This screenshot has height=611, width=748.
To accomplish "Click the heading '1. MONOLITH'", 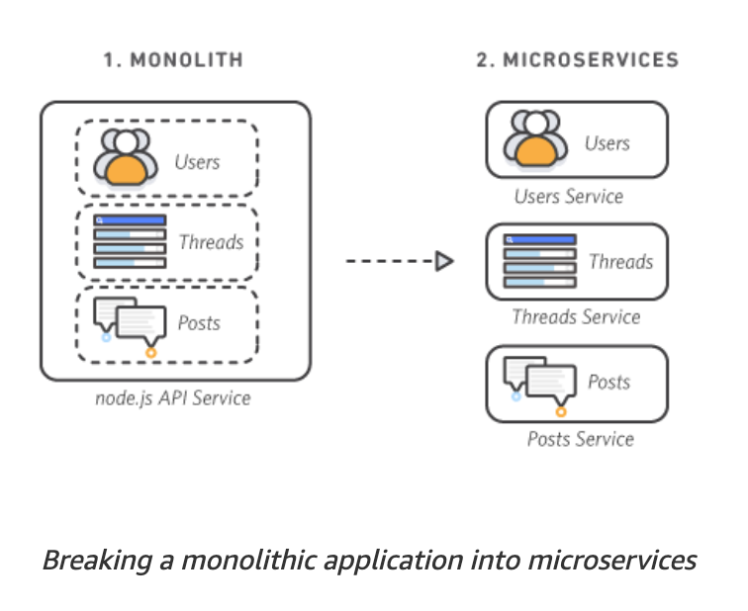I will point(173,60).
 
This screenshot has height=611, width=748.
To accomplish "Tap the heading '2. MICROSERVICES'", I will point(578,60).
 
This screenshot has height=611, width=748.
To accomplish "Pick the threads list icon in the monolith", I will point(130,241).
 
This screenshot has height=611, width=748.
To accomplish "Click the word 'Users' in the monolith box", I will point(197,161).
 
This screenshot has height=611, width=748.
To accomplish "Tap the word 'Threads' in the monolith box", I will point(211,241).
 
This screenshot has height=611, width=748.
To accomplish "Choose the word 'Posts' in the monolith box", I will point(199,323).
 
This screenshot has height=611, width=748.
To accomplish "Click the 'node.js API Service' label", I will point(173,398).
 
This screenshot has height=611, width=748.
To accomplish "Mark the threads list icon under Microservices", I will point(539,261).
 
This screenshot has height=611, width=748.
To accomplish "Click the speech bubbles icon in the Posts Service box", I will point(537,383).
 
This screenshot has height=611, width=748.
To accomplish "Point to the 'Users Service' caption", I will point(569,196).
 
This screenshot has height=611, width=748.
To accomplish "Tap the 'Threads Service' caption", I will point(576,317).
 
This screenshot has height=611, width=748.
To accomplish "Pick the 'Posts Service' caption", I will point(581,439).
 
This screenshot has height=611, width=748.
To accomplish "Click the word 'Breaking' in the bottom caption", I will point(86,561).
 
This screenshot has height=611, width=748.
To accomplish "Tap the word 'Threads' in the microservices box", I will point(620,262).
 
